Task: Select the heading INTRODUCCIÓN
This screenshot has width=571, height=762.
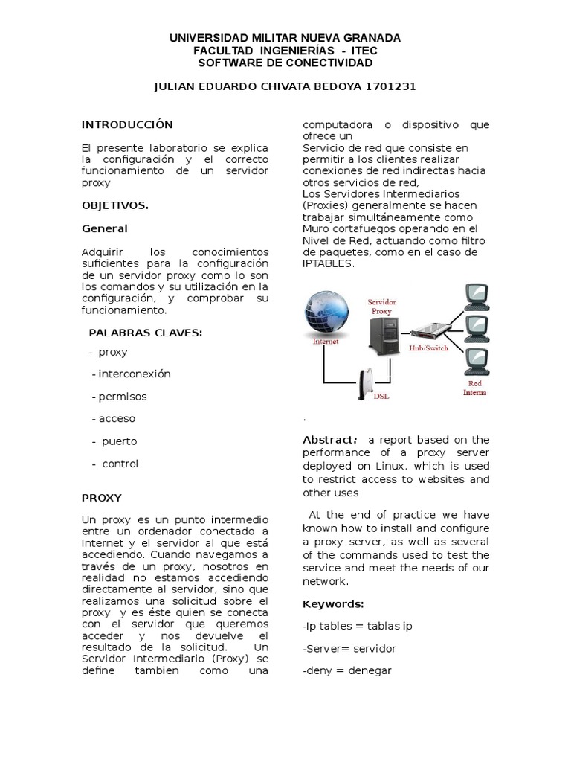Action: [x=126, y=124]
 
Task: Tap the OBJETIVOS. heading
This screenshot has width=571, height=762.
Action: [x=114, y=205]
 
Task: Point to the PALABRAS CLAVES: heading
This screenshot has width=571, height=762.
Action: [x=145, y=333]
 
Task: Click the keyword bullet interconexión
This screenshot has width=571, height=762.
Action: [x=131, y=374]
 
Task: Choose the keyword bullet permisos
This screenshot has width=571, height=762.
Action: [x=119, y=396]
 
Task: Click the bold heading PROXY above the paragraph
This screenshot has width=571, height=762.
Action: [x=101, y=497]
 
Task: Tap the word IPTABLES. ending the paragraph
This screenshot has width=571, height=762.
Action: [x=329, y=263]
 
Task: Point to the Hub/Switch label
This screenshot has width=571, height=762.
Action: [x=429, y=348]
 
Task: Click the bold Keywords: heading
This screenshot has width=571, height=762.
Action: [x=333, y=603]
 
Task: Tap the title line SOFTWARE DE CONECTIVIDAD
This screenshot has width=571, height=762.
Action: [x=285, y=63]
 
